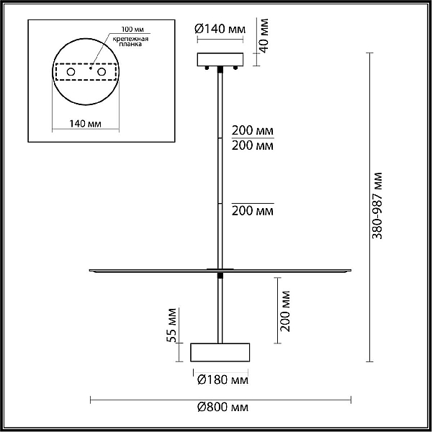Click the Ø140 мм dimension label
(x=220, y=29)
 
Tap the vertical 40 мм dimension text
(x=264, y=35)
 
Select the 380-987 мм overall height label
(x=377, y=206)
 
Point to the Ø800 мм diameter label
(x=222, y=407)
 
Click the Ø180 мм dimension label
(x=222, y=379)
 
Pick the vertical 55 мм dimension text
(x=171, y=325)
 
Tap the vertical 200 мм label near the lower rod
(x=285, y=311)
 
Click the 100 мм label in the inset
(x=132, y=30)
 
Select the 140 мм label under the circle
(x=85, y=123)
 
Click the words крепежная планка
(x=130, y=41)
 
